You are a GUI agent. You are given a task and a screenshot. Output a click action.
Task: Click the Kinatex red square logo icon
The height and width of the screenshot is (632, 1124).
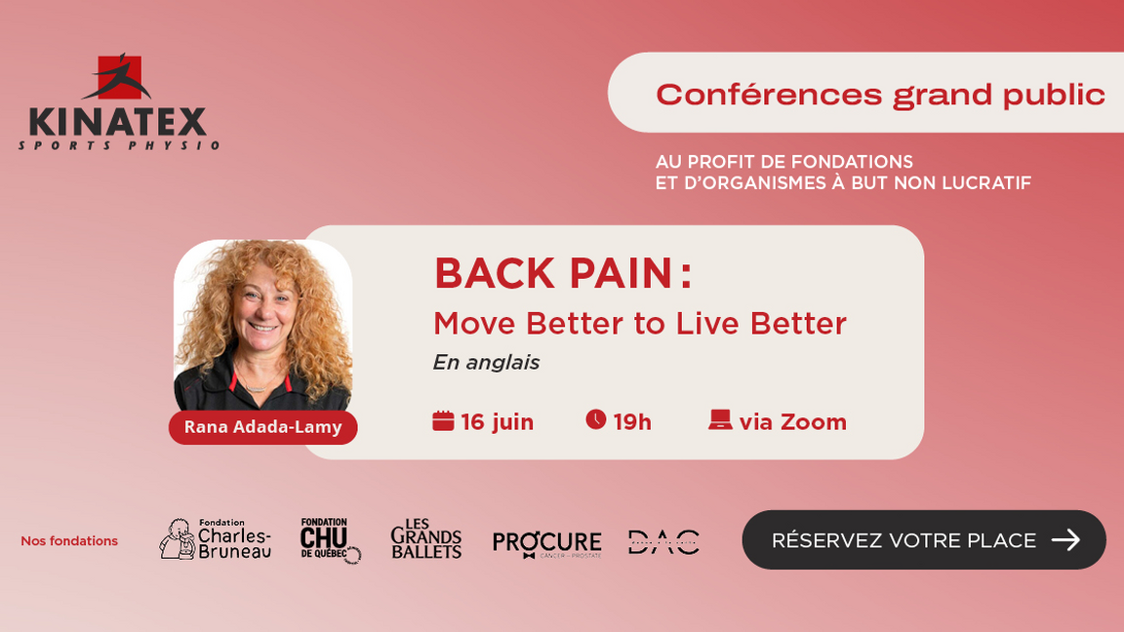(x=119, y=77)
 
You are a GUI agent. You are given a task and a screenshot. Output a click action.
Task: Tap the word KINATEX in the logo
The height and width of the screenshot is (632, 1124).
(x=118, y=123)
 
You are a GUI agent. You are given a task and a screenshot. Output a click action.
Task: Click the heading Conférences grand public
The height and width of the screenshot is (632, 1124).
(x=880, y=95)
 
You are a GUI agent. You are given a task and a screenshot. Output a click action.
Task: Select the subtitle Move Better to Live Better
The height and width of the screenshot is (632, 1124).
(x=639, y=323)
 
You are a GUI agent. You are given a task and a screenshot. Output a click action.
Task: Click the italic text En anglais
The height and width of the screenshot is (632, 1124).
(x=486, y=363)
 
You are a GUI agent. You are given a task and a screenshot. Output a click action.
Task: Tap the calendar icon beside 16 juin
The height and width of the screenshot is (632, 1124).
(x=443, y=420)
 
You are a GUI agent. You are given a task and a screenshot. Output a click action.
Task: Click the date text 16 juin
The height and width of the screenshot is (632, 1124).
(x=497, y=421)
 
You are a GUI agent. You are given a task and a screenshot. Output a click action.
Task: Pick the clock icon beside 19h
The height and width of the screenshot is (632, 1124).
(x=595, y=419)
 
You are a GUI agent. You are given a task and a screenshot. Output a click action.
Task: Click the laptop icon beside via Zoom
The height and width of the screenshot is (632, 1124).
(x=720, y=420)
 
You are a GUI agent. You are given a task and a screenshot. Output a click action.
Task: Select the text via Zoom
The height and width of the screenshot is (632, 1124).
(x=792, y=421)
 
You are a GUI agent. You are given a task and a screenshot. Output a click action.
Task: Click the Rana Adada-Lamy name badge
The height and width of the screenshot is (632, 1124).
(x=262, y=427)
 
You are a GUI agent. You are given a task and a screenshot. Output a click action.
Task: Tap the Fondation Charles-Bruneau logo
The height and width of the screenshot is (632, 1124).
(x=216, y=539)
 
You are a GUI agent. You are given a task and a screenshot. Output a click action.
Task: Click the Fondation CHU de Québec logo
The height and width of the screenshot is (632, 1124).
(x=329, y=539)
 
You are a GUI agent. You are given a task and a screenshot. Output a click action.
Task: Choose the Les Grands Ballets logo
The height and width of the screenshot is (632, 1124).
(x=426, y=539)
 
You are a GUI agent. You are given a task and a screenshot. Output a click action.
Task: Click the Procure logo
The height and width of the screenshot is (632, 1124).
(x=546, y=542)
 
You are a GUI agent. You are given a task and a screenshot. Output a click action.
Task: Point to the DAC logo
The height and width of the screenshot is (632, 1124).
(x=663, y=541)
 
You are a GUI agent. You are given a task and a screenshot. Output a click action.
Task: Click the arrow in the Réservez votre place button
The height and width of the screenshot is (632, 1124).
(x=1065, y=539)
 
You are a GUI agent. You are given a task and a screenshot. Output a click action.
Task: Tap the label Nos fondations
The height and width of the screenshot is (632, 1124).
(x=69, y=541)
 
